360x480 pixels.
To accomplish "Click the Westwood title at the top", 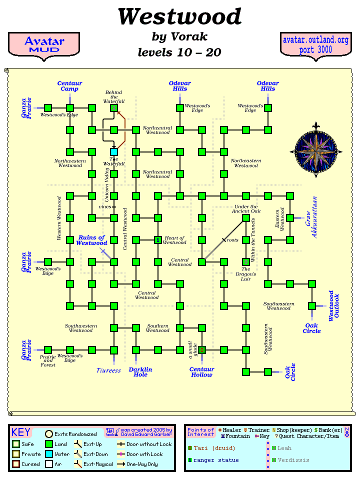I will (x=179, y=17).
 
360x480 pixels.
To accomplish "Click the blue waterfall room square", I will (x=114, y=151).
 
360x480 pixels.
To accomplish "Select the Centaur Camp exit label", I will (x=69, y=86).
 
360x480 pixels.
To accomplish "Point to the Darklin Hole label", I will (x=140, y=372).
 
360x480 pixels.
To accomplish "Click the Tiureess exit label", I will (x=109, y=370).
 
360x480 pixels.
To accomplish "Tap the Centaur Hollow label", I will (x=202, y=372).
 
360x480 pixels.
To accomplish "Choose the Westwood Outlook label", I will (x=333, y=305).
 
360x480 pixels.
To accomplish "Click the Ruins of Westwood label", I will (x=91, y=240).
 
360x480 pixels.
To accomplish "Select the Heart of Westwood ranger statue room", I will (x=158, y=240).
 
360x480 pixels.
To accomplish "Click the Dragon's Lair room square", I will (x=246, y=261).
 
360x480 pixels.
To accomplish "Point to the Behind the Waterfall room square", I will (x=114, y=107).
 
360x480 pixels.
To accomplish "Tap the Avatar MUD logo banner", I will (x=44, y=45).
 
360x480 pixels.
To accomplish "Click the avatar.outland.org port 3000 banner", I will (x=315, y=45).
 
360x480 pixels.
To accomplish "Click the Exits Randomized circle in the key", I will (x=49, y=434).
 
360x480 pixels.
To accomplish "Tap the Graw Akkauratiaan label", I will (x=311, y=223).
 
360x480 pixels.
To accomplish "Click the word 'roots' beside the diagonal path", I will (x=233, y=240).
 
